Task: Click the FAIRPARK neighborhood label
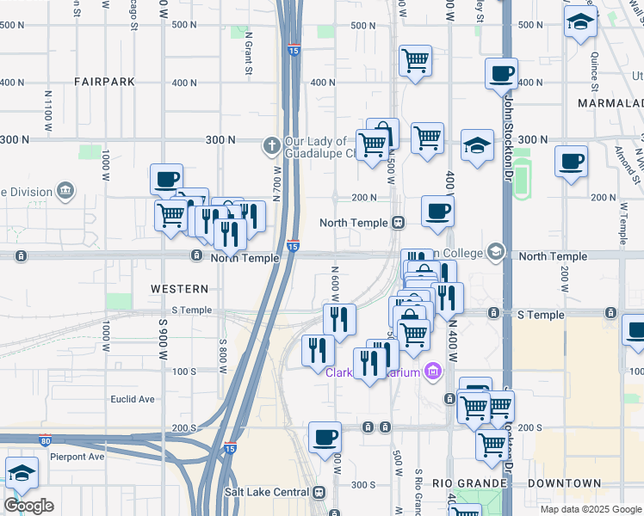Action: [x=104, y=82]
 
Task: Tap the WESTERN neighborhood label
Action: [x=179, y=289]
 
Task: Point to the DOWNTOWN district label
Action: [x=564, y=483]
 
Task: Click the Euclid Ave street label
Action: [x=133, y=399]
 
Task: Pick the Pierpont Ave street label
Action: [x=77, y=457]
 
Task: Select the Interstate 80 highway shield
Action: [x=45, y=439]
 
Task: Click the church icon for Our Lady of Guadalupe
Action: [x=272, y=143]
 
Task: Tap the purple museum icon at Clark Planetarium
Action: [x=432, y=372]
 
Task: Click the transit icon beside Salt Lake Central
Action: [x=319, y=492]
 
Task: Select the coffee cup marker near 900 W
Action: [x=166, y=180]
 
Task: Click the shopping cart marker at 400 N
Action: [x=415, y=60]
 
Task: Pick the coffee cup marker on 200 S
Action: [x=325, y=436]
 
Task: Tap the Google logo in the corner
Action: [x=28, y=506]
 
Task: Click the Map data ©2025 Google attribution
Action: [x=591, y=509]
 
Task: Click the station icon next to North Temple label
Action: [x=398, y=223]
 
